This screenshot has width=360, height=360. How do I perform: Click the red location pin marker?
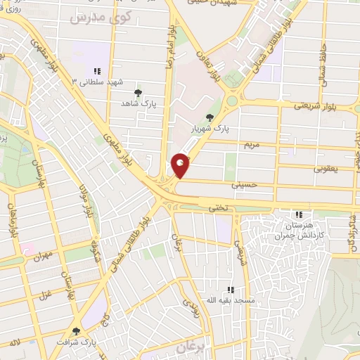(181, 165)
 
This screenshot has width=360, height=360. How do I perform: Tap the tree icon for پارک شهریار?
(208, 117)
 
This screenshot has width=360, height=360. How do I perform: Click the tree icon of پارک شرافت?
(76, 330)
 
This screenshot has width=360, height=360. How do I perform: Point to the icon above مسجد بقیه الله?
(230, 290)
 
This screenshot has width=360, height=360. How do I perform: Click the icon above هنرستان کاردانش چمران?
(299, 214)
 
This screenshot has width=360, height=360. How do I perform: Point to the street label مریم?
(252, 146)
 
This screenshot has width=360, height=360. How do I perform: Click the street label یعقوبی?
(325, 169)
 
